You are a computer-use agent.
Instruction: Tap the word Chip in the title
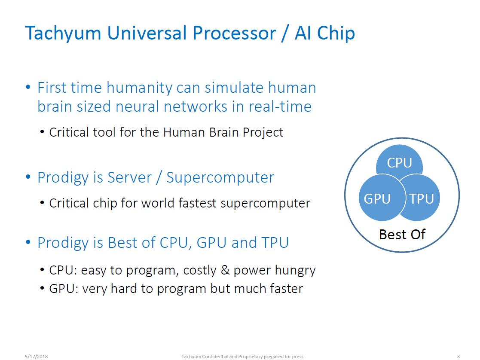pyautogui.click(x=337, y=33)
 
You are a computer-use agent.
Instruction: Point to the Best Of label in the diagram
pyautogui.click(x=402, y=234)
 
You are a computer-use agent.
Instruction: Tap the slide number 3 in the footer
pyautogui.click(x=458, y=356)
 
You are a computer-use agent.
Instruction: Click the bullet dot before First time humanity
pyautogui.click(x=28, y=88)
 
